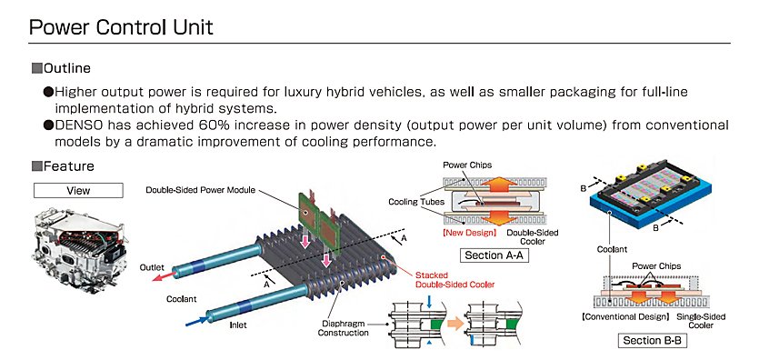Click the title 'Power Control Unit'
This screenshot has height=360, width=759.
[121, 27]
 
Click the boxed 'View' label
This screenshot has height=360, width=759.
[78, 191]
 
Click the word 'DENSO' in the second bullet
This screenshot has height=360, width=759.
[79, 125]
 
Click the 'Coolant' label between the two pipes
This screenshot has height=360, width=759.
[182, 299]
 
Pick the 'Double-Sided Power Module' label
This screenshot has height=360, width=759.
[200, 190]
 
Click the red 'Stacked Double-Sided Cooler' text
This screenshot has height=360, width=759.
[455, 280]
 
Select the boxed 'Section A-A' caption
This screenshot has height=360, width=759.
[494, 255]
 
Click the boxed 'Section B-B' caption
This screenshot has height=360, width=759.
[652, 340]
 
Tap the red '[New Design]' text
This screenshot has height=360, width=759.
[470, 233]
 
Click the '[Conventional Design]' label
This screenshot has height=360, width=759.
[624, 317]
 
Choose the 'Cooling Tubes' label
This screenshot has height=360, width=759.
[416, 201]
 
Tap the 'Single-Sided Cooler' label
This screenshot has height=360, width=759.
[701, 321]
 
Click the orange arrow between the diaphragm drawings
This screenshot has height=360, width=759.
[455, 324]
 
